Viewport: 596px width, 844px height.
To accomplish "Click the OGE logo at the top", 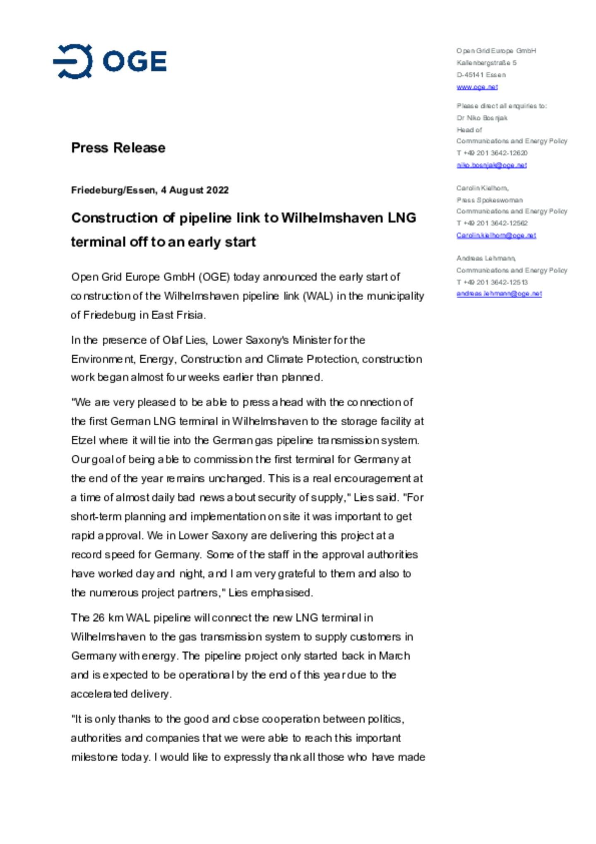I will coord(110,61).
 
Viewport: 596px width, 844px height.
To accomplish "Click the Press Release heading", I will coord(118,148).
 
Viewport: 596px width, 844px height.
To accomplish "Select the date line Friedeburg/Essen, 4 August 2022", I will coord(150,190).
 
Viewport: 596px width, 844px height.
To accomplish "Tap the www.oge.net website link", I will coord(477,87).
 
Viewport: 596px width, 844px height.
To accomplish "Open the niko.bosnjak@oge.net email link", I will coord(491,165).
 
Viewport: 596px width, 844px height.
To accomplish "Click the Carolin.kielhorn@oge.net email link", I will coord(496,235).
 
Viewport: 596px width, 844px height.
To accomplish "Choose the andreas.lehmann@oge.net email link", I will coord(499,294).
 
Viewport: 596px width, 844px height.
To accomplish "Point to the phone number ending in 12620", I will coord(492,153).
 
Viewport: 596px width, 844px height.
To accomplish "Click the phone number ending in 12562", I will coord(492,223).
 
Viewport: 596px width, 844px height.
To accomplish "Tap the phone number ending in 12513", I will coord(492,282).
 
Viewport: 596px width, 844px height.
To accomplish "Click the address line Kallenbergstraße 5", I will coord(486,63).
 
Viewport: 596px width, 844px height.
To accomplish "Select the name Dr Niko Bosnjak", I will coord(482,118).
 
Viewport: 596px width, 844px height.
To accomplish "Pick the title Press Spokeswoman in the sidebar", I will coord(489,200).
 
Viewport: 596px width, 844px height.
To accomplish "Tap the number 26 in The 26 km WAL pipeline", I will coord(99,617).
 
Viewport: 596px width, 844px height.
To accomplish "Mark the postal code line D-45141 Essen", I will coord(481,75).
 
